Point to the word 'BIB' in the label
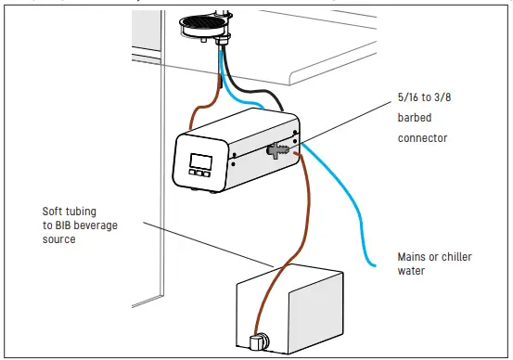(x=73, y=225)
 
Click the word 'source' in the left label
(x=61, y=239)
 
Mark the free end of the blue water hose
(x=373, y=266)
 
